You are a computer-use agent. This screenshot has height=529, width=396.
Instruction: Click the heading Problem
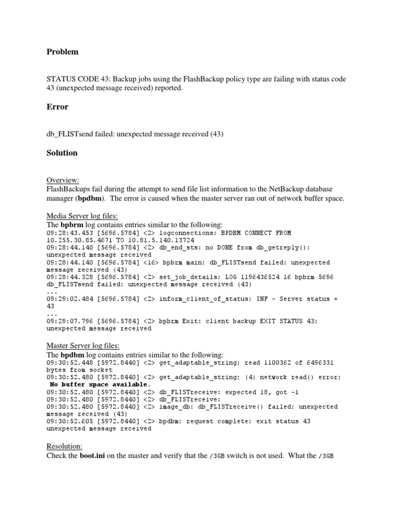pyautogui.click(x=62, y=52)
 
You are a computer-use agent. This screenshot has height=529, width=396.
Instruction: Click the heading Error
pyautogui.click(x=57, y=107)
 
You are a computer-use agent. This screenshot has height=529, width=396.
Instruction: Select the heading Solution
pyautogui.click(x=62, y=153)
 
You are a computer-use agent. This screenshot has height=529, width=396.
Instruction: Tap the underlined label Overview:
pyautogui.click(x=63, y=180)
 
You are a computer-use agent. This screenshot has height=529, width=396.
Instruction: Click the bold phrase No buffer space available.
pyautogui.click(x=100, y=384)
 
